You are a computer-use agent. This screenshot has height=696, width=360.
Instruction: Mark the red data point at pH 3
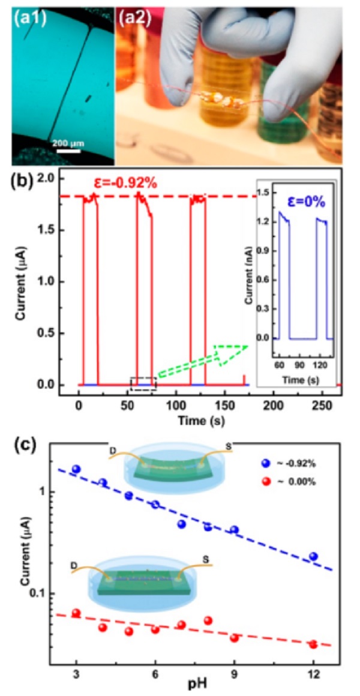(x=76, y=613)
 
